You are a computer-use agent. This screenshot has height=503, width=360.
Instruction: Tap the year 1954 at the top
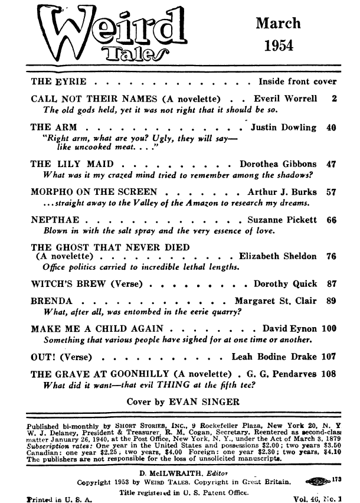279,45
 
